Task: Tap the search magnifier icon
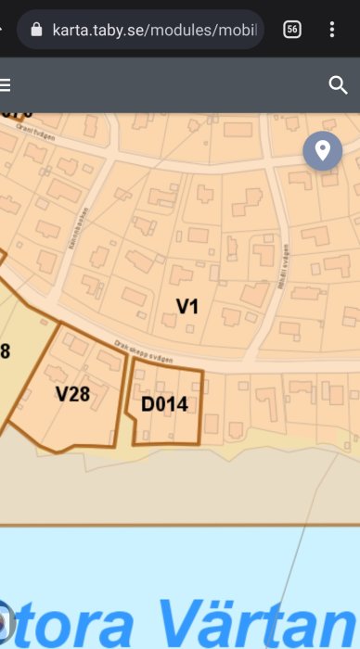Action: tap(338, 85)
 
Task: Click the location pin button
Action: tap(322, 150)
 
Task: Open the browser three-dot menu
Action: tap(332, 29)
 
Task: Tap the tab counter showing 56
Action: tap(291, 29)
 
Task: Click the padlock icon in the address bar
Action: tap(37, 29)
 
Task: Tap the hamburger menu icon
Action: tap(6, 85)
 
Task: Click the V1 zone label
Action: tap(187, 305)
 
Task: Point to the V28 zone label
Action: tap(72, 394)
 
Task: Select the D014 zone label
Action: tap(164, 404)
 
